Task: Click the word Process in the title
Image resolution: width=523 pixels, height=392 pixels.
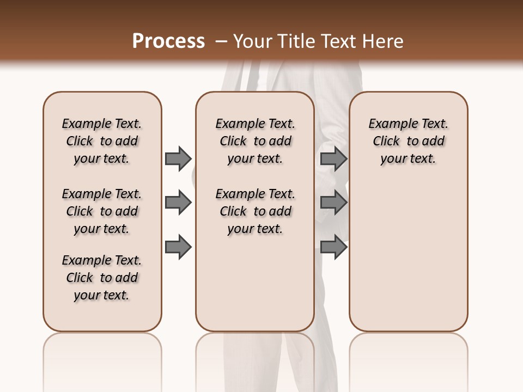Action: pos(168,41)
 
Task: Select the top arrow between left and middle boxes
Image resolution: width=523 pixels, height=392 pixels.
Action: pos(178,158)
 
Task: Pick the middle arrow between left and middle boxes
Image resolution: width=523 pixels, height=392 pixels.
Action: pos(178,203)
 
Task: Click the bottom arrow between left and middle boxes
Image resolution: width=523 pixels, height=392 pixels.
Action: pos(178,247)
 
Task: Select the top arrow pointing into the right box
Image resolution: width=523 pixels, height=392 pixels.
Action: pos(333,158)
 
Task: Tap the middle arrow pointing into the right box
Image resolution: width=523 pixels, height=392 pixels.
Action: pos(333,203)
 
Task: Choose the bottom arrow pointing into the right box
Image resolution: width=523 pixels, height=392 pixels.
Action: pos(333,247)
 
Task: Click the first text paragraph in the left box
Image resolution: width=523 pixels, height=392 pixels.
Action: pos(102,141)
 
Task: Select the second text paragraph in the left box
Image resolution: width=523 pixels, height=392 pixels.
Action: pos(102,211)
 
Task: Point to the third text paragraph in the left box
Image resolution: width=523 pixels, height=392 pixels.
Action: pos(102,278)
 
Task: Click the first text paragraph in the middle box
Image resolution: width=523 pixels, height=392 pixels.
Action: pos(255,141)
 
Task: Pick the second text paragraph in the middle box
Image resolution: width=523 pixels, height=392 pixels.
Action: pos(255,211)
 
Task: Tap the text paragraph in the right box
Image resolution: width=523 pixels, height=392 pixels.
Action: pos(409,141)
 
